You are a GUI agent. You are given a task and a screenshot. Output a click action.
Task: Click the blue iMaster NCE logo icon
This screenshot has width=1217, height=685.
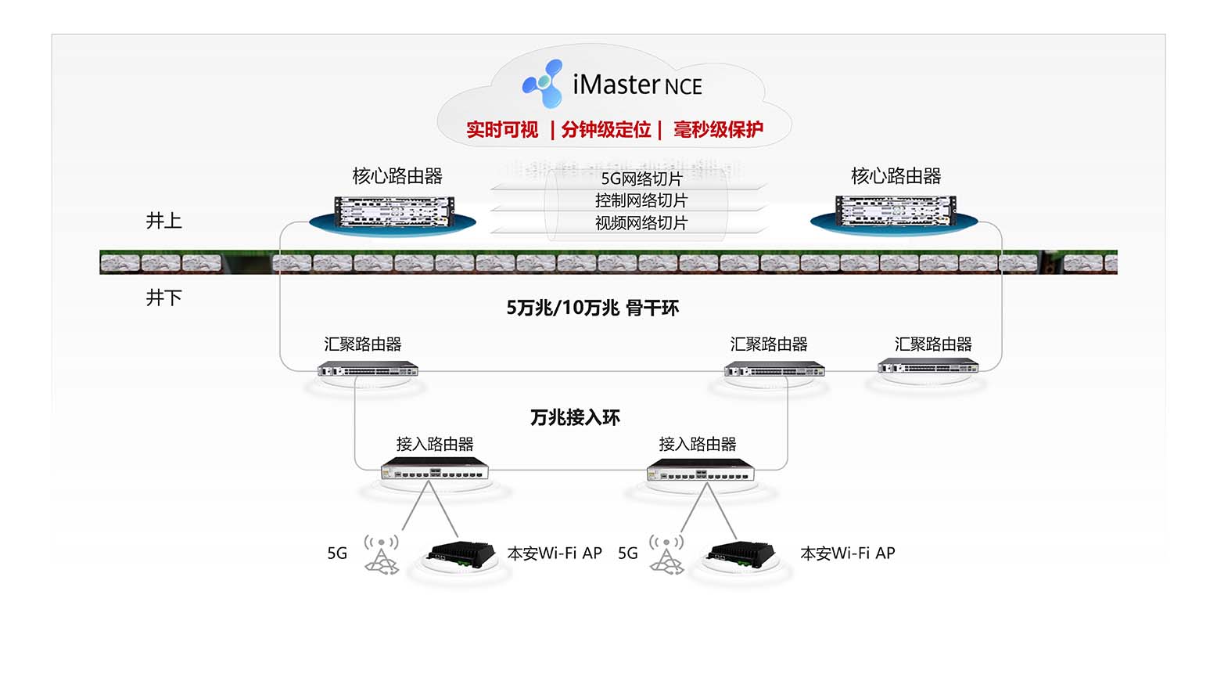[x=543, y=83]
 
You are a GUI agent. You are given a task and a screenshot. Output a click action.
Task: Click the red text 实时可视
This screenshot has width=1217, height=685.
[x=502, y=130]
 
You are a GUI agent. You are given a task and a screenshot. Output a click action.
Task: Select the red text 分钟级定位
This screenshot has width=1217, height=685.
[x=606, y=130]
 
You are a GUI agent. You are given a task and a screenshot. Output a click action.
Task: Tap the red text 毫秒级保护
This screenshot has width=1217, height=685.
[x=718, y=130]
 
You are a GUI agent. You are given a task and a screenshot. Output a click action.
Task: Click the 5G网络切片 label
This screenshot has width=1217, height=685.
[x=641, y=178]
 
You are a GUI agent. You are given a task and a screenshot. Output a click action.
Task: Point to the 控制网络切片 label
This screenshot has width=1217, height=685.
[x=641, y=200]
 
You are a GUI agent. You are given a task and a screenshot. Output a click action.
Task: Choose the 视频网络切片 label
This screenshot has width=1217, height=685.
[x=641, y=223]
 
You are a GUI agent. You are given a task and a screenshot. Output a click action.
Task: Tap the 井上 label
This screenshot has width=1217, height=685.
[x=163, y=221]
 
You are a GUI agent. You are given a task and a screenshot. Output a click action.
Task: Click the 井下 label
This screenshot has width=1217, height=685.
[x=163, y=297]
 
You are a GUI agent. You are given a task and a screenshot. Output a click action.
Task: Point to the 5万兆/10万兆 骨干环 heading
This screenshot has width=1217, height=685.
[x=592, y=308]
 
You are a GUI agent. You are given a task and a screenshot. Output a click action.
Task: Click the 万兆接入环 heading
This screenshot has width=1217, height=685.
[x=575, y=417]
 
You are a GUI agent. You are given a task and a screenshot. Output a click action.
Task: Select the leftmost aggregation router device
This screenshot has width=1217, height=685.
[x=368, y=368]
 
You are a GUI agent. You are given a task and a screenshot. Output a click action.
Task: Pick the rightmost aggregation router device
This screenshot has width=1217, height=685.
[x=928, y=366]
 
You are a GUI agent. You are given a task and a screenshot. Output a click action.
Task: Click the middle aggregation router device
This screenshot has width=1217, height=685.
[x=774, y=368]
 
